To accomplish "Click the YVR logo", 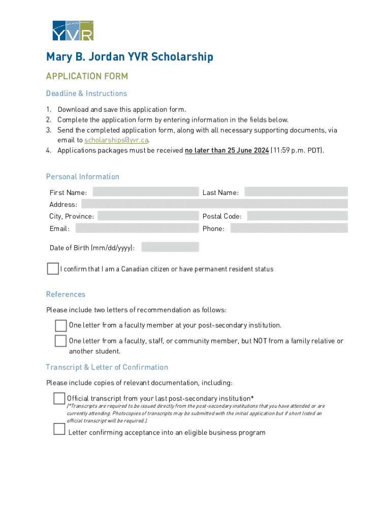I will [73, 30].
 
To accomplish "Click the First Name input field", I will [145, 192].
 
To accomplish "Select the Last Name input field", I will [296, 192].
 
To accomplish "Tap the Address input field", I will [214, 204].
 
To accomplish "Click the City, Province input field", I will [148, 216].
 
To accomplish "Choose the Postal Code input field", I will [297, 216].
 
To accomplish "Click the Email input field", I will [137, 228].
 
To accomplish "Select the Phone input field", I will [288, 228].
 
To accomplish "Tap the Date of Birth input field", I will [170, 247].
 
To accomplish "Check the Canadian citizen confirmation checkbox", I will [53, 269].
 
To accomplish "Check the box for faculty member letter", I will [61, 325].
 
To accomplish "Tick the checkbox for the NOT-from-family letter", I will [61, 341].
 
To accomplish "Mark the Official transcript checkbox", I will [59, 399].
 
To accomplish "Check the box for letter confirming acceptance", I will [59, 430].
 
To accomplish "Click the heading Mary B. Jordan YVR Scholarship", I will [129, 56].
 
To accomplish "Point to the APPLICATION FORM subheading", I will [87, 76].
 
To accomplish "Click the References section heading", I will [66, 295].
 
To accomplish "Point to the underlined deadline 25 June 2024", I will [226, 150].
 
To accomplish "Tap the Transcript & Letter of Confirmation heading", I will [107, 367].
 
